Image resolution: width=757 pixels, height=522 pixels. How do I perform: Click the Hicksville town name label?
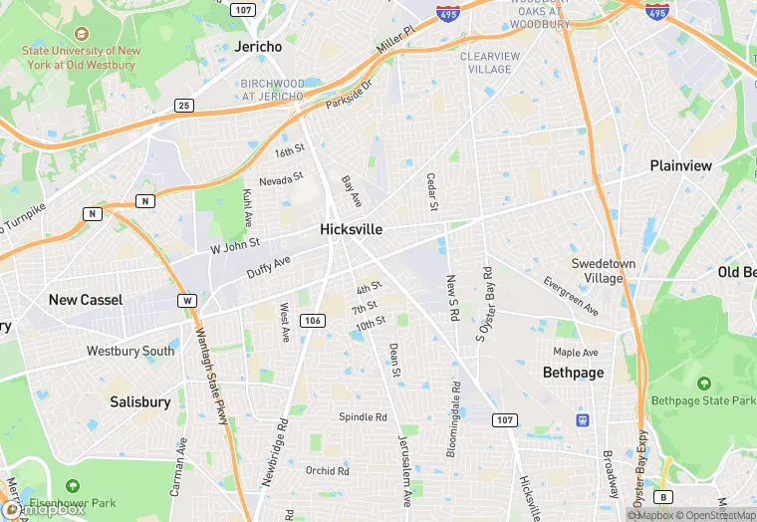[x=351, y=229]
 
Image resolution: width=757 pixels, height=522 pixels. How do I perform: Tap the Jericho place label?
[x=259, y=47]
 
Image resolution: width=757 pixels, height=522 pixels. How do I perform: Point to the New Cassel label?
[x=86, y=300]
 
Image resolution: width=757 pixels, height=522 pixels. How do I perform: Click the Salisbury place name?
[x=139, y=402]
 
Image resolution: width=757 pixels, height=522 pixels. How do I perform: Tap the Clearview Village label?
[x=499, y=63]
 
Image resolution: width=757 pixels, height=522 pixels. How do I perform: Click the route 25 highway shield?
[x=183, y=105]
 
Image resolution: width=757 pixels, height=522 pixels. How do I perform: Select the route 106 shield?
[x=313, y=320]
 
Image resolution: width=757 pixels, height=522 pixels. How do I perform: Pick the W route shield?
[x=187, y=300]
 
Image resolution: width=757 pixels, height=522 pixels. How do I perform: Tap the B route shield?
[x=663, y=496]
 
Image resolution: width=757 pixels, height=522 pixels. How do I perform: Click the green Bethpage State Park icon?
[x=703, y=384]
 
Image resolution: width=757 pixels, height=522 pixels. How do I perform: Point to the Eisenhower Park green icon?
[x=72, y=485]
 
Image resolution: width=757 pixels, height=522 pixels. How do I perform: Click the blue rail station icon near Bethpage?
[x=583, y=418]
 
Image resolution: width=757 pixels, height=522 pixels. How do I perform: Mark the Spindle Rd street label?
[x=363, y=416]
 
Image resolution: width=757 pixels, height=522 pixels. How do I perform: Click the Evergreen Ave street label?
[x=571, y=293]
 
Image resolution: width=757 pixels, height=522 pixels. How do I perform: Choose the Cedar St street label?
[x=432, y=192]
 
